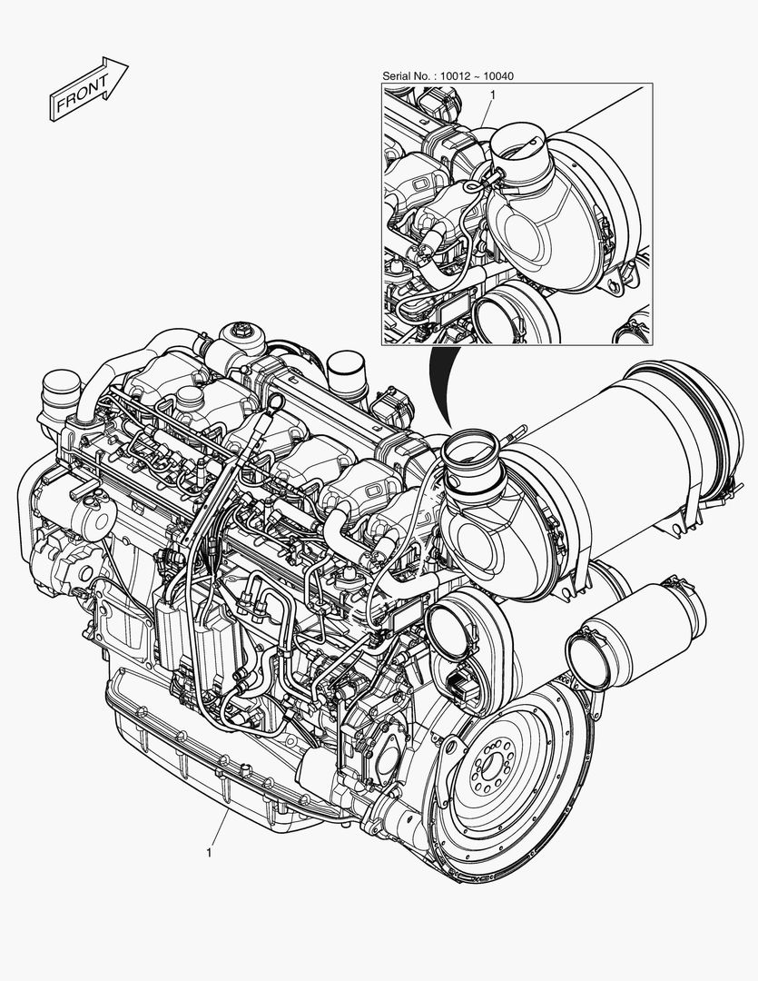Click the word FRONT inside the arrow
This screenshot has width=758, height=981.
click(82, 92)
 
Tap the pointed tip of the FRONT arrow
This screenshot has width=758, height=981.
click(128, 64)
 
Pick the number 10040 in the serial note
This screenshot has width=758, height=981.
click(499, 76)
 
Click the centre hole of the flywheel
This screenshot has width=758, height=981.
click(492, 763)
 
